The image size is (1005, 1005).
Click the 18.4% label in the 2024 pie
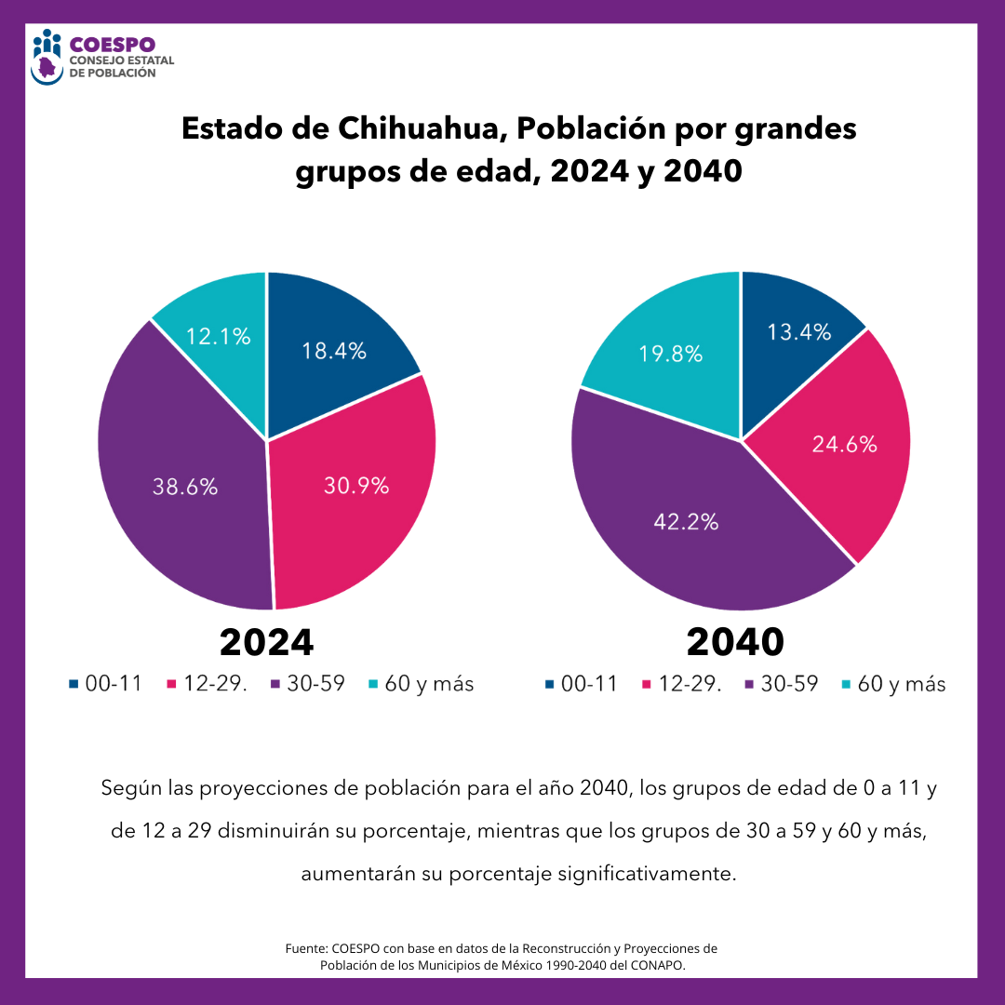(x=333, y=352)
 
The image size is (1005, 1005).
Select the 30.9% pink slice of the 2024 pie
(x=356, y=485)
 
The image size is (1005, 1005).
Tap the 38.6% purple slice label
(x=185, y=486)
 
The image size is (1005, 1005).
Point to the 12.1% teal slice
(x=218, y=337)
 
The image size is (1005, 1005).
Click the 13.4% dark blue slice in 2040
(x=798, y=332)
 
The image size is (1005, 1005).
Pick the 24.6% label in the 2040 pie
(x=844, y=445)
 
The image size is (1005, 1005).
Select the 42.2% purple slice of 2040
(x=686, y=522)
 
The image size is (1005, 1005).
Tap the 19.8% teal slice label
(x=670, y=354)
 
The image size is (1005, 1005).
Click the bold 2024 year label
(x=267, y=642)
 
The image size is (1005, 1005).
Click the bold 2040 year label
(x=735, y=642)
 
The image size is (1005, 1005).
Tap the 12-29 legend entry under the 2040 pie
(x=689, y=684)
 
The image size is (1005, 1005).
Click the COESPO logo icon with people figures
(x=47, y=57)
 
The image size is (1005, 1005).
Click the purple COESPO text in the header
(x=112, y=44)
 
